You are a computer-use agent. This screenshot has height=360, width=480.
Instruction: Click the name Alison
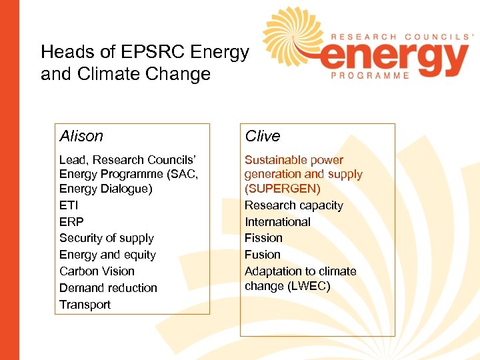[x=81, y=136]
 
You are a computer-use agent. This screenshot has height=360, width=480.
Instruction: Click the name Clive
[x=263, y=136]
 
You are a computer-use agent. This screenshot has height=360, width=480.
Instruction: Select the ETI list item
[x=69, y=205]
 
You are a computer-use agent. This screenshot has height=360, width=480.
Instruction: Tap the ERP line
[x=71, y=222]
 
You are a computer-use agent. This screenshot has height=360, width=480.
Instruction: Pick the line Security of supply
[x=107, y=238]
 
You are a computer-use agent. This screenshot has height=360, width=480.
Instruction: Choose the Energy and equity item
[x=107, y=255]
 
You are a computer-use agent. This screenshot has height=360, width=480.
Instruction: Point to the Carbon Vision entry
[x=97, y=271]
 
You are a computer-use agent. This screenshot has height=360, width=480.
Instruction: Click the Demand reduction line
[x=108, y=288]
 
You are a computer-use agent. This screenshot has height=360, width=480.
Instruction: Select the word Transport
[x=85, y=305]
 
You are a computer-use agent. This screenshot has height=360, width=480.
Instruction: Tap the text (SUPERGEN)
[x=283, y=189]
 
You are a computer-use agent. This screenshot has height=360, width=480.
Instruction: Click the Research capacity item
[x=293, y=205]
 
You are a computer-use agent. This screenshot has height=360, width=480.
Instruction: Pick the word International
[x=277, y=222]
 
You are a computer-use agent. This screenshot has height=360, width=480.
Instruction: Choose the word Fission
[x=263, y=238]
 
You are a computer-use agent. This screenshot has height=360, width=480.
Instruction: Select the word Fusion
[x=263, y=255]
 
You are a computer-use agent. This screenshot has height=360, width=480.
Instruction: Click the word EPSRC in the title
[x=160, y=51]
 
